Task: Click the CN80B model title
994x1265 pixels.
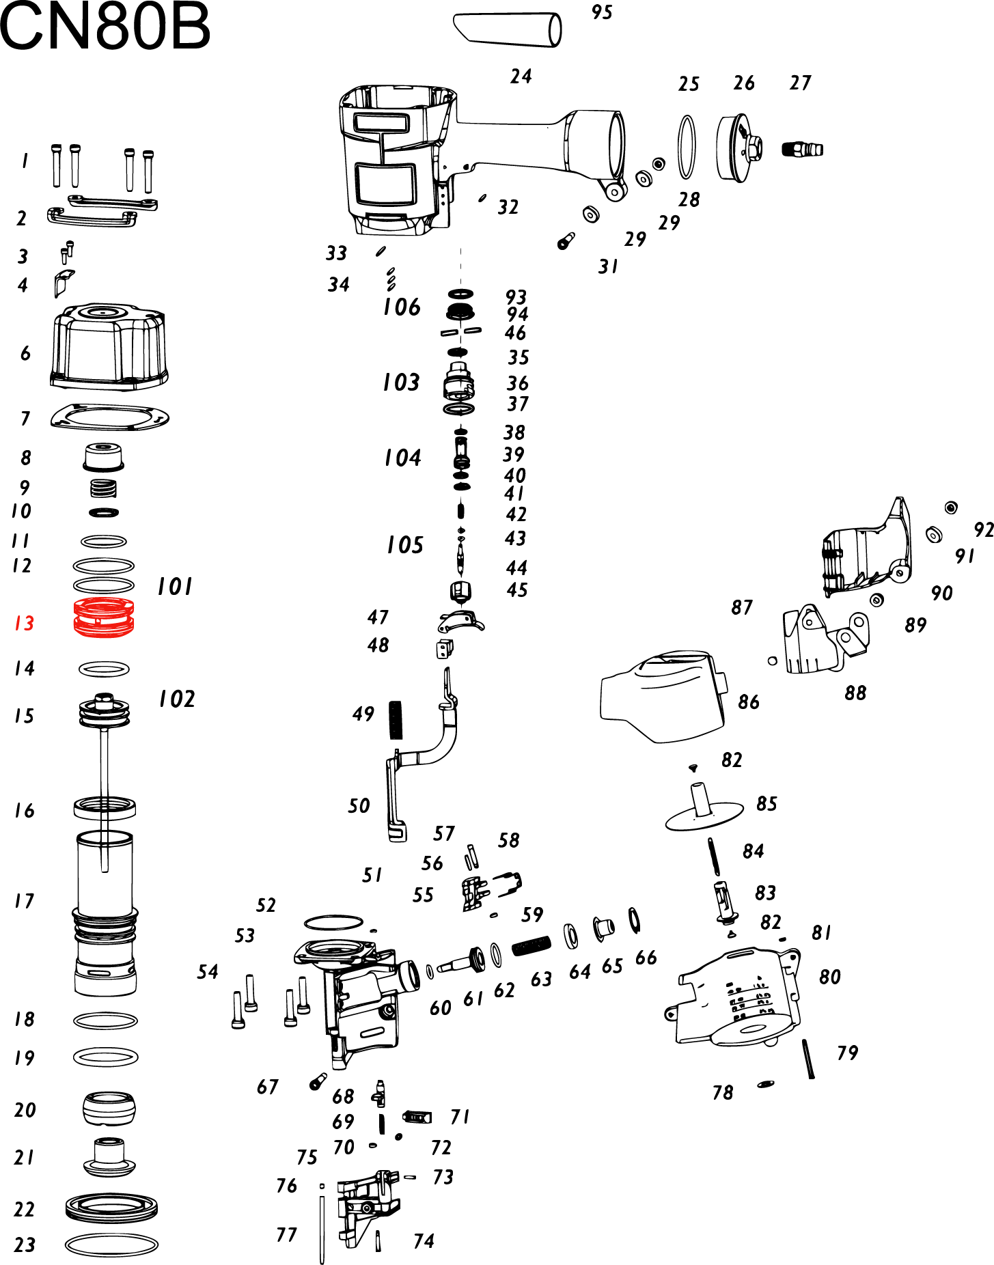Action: [105, 27]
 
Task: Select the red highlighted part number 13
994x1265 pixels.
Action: [24, 623]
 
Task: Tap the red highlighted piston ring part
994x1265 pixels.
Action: [104, 617]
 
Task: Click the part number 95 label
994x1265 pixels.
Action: [602, 12]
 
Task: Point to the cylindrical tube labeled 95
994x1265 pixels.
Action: [508, 29]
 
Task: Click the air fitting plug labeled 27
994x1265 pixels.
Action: [802, 148]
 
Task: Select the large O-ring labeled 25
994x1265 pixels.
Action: [687, 147]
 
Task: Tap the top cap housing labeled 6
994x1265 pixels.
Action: [109, 347]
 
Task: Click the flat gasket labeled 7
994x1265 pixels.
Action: [110, 417]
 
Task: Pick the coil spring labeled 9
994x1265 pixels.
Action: [104, 488]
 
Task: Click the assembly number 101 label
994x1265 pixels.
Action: [175, 587]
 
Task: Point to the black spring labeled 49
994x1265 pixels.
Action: [396, 720]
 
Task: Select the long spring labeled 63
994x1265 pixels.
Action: [531, 945]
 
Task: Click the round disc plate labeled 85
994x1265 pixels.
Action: [704, 814]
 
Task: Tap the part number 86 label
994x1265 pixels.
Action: [749, 702]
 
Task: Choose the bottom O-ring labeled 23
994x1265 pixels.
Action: [111, 1245]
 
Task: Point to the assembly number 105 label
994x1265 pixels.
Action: [405, 545]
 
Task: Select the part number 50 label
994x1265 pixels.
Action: [359, 806]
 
